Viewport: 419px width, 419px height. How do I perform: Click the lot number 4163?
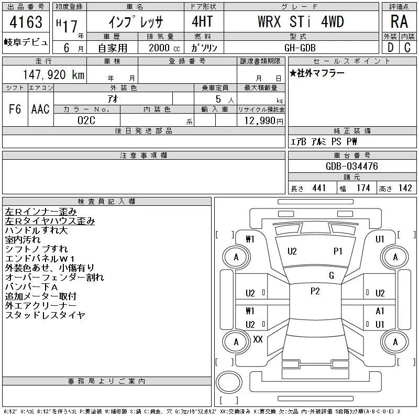pos(26,22)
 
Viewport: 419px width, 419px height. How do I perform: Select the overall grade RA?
pos(399,21)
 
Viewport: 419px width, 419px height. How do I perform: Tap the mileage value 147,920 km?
pos(53,75)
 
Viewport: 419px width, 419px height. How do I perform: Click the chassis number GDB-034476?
pos(352,166)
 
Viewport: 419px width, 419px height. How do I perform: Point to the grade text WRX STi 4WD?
pos(301,21)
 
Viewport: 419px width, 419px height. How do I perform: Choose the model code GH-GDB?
pos(300,48)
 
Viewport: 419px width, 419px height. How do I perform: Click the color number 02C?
pos(86,120)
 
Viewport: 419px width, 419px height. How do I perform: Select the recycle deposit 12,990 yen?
pos(264,121)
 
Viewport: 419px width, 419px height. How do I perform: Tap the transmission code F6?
pos(15,109)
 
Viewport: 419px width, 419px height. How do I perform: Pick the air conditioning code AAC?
pos(40,109)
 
